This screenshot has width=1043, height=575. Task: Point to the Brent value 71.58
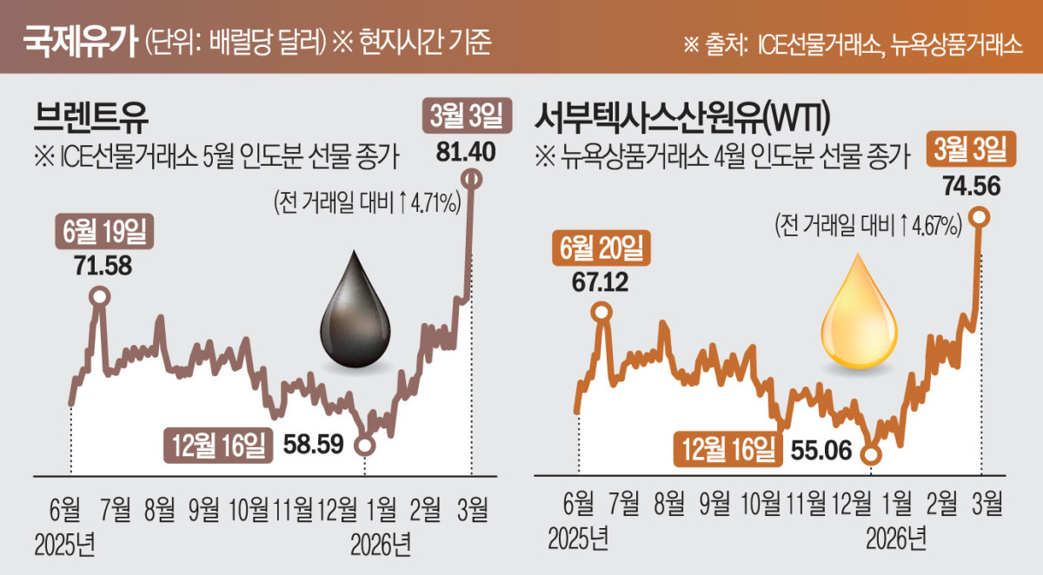coord(103,266)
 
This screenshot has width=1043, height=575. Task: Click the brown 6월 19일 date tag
coord(103,234)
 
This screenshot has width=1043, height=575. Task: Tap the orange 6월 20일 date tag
coord(599,249)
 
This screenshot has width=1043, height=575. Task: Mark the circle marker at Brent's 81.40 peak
coord(472,179)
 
